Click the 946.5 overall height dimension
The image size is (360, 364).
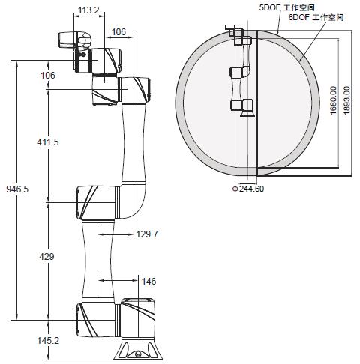pos(17,189)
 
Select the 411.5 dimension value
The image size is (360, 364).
pos(48,142)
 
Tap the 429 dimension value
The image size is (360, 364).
pos(46,256)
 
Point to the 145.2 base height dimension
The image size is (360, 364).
pos(48,340)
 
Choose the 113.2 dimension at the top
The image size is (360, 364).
pos(88,10)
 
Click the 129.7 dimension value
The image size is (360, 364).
pos(147,234)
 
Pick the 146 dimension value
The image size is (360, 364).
pos(148,282)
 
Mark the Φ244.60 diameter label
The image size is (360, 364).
pos(248,189)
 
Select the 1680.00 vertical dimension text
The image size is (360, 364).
pos(333,100)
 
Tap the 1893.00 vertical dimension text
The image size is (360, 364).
pos(346,100)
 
